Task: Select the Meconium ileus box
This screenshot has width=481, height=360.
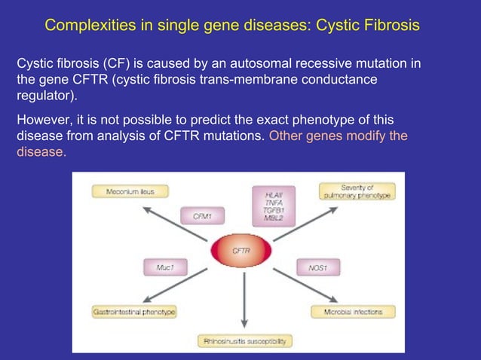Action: [130, 192]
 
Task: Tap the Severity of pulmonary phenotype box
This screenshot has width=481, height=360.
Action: [357, 191]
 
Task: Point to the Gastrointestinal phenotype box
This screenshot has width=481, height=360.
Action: [134, 311]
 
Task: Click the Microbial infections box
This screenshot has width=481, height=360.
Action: [353, 311]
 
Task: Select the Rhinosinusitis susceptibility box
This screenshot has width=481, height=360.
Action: [244, 341]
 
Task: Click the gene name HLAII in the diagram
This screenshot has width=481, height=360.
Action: [273, 195]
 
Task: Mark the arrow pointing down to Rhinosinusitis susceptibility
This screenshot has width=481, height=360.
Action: [244, 305]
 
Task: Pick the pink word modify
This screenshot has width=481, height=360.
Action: [365, 136]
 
